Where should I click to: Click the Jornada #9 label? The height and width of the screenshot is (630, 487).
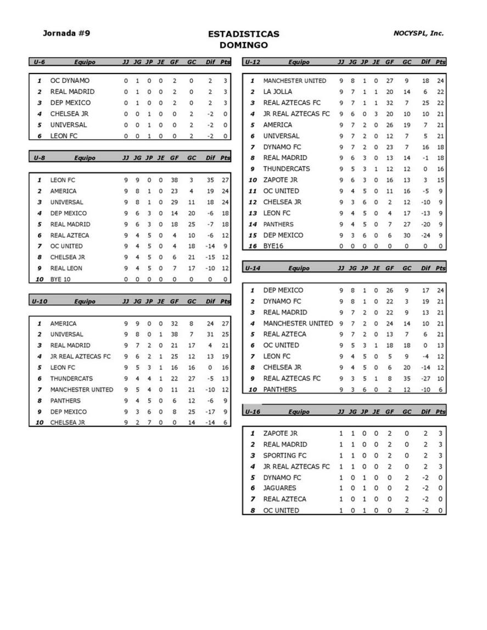click(66, 33)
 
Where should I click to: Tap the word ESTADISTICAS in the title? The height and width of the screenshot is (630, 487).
click(243, 34)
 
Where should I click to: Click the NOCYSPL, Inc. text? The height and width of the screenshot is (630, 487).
click(418, 33)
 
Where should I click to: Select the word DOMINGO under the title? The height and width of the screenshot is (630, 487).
click(243, 46)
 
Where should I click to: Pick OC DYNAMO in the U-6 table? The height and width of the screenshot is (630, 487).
click(70, 81)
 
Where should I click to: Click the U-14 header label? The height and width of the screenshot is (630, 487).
click(252, 268)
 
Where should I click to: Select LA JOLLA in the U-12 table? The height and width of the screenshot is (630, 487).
click(277, 92)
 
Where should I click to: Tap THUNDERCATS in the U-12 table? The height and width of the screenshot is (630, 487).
click(286, 169)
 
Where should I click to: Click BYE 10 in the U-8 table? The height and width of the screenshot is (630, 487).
click(63, 279)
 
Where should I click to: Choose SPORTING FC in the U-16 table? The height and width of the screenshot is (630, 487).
click(284, 455)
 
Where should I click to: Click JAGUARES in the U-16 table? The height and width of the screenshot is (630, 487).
click(279, 488)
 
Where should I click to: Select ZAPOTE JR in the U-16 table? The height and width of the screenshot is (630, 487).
click(280, 434)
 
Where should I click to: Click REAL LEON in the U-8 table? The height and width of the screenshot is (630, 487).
click(66, 268)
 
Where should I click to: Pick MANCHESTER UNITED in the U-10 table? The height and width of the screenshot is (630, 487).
click(81, 390)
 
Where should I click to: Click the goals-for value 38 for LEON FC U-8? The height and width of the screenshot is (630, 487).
click(174, 180)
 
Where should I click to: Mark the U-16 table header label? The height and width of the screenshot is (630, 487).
click(252, 412)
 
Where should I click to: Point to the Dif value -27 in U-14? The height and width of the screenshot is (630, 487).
click(425, 378)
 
